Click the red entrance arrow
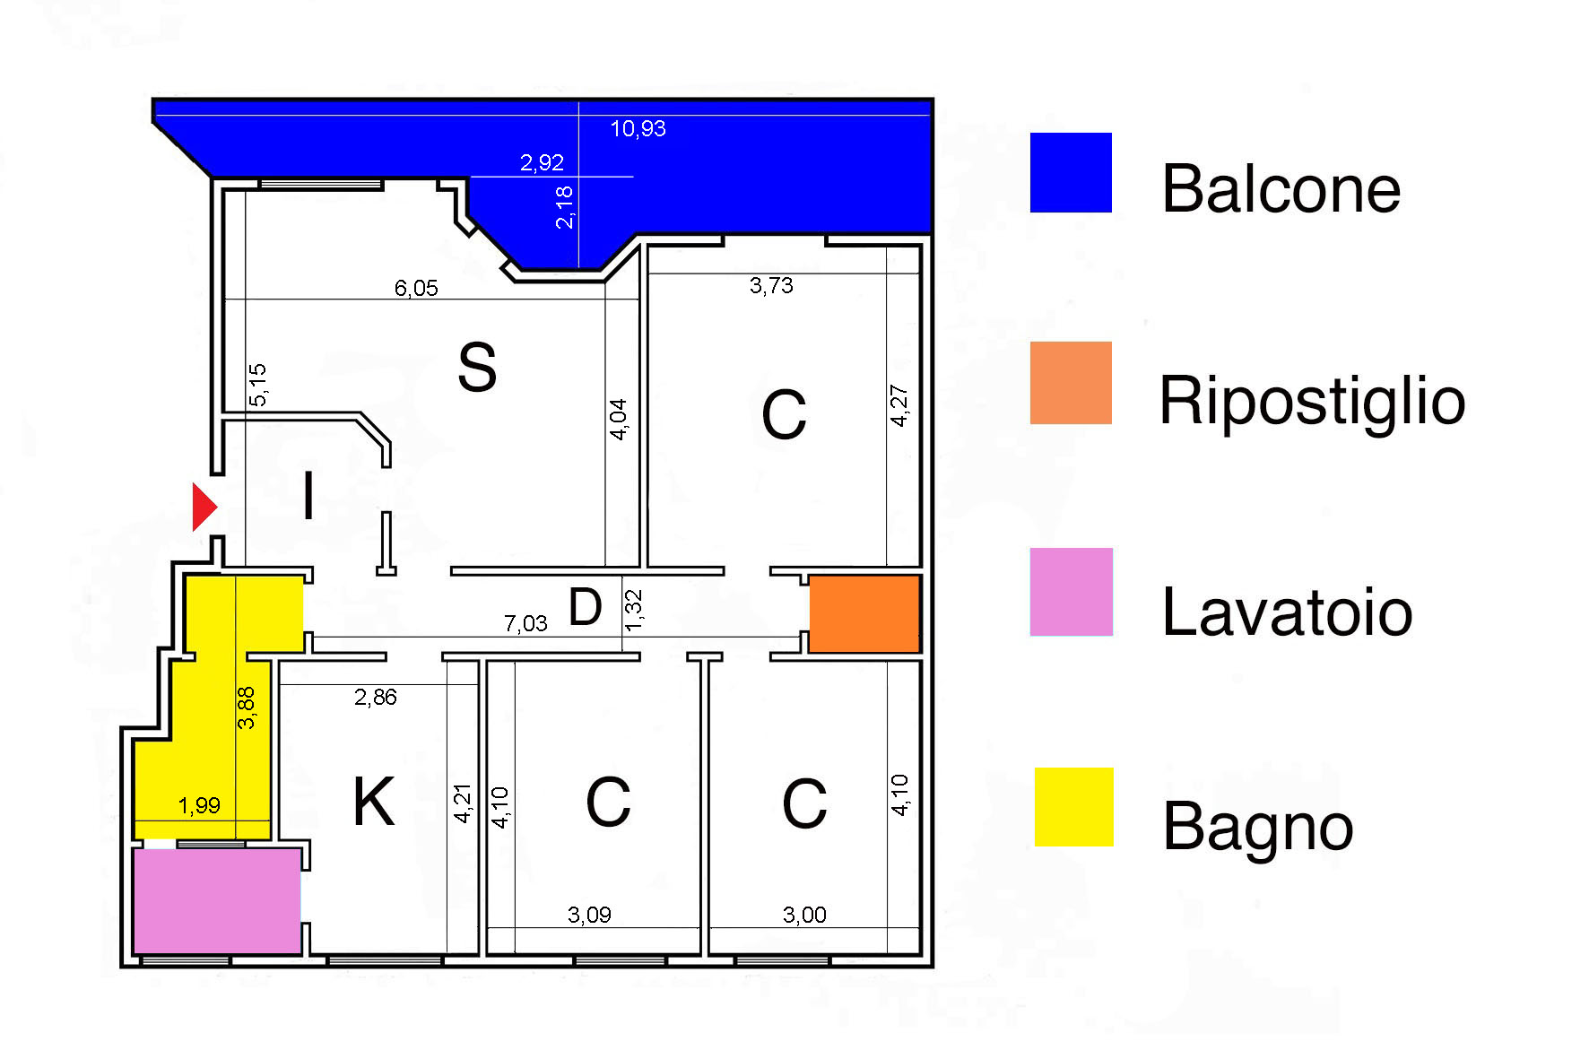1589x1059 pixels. (204, 507)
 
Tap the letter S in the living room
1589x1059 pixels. (476, 367)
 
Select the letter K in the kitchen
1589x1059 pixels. (373, 801)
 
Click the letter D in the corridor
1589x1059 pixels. (585, 607)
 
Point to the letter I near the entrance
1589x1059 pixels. (308, 496)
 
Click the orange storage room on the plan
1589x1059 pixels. (864, 613)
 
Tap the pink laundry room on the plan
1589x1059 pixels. (216, 900)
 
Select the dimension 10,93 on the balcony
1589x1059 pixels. (638, 129)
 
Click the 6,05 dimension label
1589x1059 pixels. (416, 288)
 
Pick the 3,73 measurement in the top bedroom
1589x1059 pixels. (771, 285)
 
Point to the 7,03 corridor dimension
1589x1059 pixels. (525, 623)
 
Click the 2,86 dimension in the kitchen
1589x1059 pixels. (375, 697)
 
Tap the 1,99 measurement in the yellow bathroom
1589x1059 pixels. (199, 805)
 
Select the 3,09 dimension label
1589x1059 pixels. (589, 915)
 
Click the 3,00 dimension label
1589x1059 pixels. (804, 915)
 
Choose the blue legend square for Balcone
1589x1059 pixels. (1071, 173)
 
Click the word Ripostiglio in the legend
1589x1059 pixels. (1312, 400)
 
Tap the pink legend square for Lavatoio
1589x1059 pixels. (1072, 592)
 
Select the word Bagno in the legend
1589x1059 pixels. (1257, 826)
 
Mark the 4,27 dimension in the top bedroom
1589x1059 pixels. (899, 405)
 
